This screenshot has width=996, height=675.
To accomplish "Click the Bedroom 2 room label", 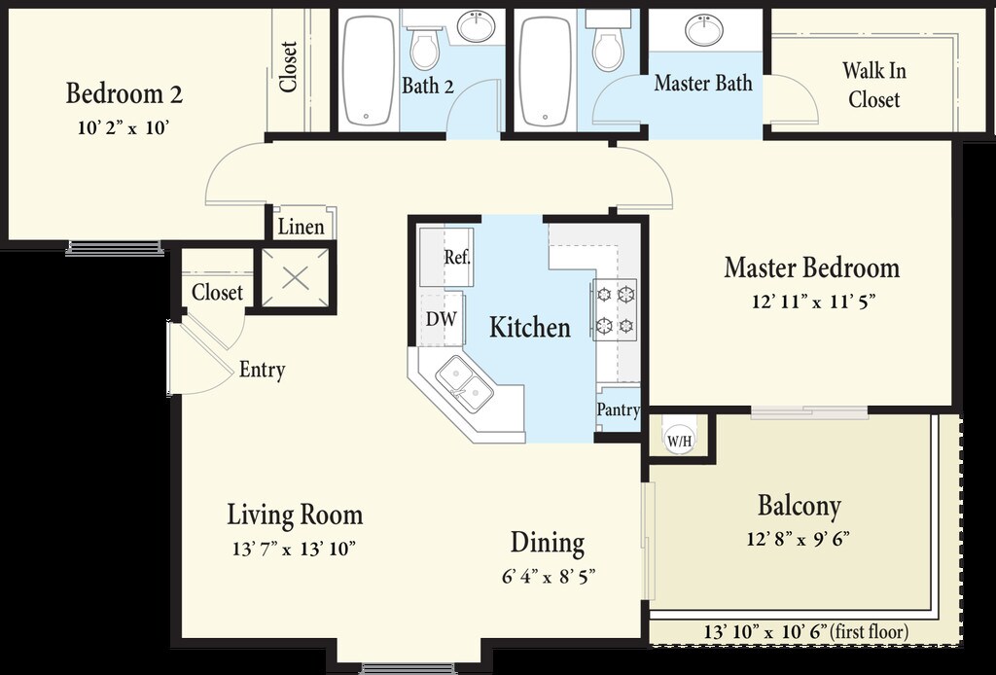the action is tap(124, 94).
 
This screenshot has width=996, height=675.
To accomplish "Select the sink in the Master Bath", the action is tap(704, 30).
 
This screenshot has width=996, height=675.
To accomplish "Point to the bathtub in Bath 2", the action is tap(368, 70).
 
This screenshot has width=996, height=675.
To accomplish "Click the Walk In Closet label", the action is tap(874, 85).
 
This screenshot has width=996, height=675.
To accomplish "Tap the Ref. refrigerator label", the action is tap(457, 257).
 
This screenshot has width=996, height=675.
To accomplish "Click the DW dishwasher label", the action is tap(441, 319).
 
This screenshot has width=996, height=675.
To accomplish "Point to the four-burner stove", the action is tap(615, 310).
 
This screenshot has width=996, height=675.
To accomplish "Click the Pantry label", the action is tap(618, 409).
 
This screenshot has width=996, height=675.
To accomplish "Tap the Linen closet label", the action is tap(302, 227).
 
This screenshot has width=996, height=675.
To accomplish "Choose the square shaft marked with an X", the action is tap(296, 277).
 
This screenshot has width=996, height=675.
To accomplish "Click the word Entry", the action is tap(263, 370).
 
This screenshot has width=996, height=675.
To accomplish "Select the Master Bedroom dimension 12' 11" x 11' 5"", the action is tap(814, 301).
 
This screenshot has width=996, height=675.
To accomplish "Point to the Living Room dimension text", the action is tap(294, 548).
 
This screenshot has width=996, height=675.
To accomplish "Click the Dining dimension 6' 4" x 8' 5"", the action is tap(549, 577).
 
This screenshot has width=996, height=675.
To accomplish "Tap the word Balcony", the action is tap(800, 506).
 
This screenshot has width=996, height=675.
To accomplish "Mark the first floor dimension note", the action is tap(806, 632).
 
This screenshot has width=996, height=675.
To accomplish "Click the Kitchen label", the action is tap(530, 327).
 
